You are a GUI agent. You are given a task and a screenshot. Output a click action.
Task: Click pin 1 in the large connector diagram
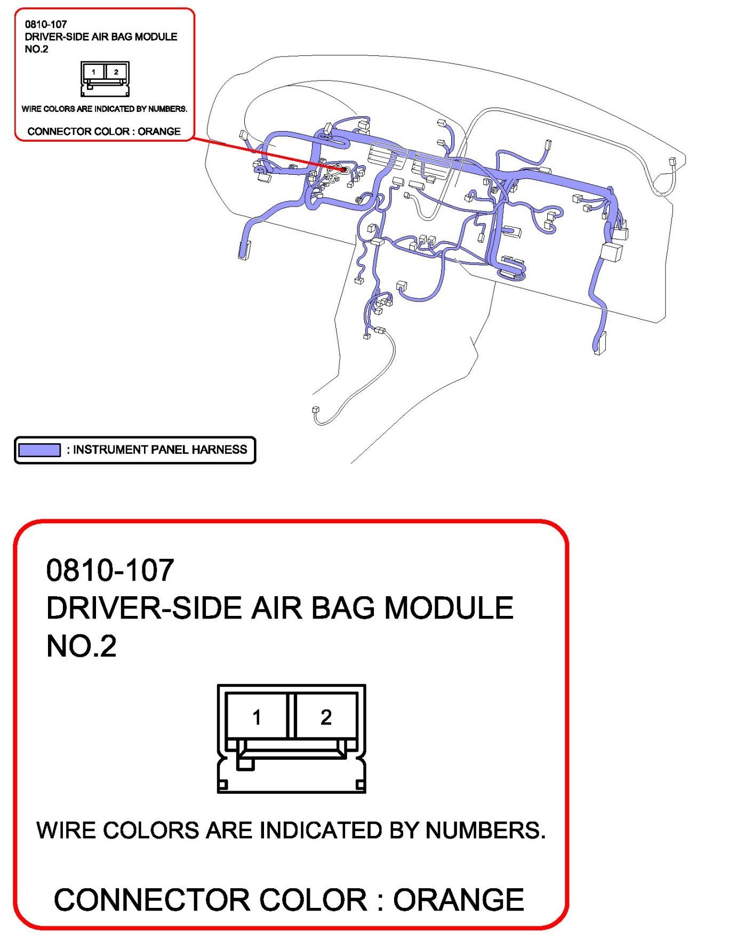click(x=257, y=717)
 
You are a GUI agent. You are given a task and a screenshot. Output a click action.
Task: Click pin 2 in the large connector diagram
click(x=326, y=717)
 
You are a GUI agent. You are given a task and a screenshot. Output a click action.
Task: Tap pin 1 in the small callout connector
click(x=94, y=72)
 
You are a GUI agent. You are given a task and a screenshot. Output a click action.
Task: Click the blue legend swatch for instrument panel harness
click(x=39, y=450)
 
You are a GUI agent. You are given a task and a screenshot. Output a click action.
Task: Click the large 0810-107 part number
click(x=110, y=570)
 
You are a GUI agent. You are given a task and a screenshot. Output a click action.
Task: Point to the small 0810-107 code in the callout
click(x=46, y=24)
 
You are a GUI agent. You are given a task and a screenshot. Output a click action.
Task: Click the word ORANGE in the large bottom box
click(x=459, y=900)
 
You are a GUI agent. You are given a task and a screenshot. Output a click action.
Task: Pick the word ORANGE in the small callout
click(x=159, y=131)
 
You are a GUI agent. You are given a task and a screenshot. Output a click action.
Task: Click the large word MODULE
click(x=449, y=608)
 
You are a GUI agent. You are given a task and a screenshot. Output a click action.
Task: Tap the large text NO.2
click(x=81, y=646)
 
